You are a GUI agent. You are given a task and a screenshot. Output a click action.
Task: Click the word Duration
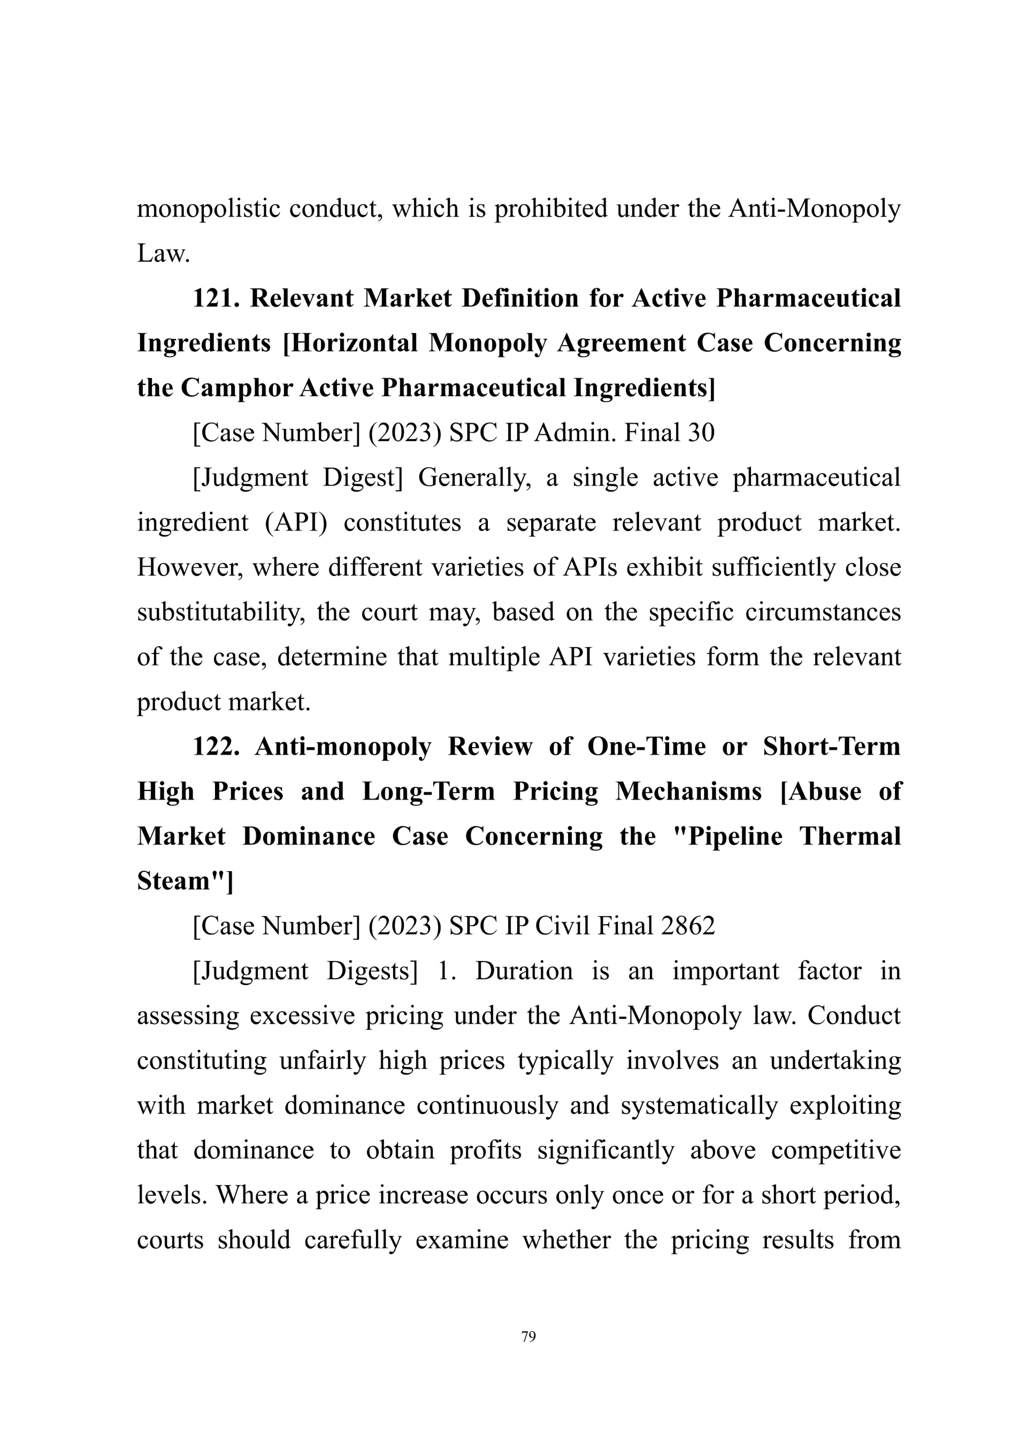[x=524, y=971]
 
